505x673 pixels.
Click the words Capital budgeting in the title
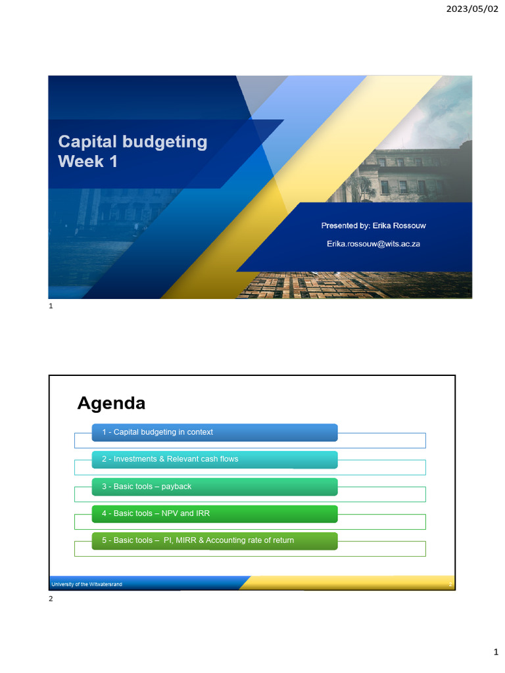132,142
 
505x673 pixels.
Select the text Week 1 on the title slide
87,161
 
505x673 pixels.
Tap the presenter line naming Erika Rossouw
373,225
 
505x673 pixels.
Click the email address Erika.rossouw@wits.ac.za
373,243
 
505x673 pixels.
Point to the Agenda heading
111,403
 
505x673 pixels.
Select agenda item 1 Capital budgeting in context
157,432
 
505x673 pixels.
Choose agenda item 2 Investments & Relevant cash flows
170,459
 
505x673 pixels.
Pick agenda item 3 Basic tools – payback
146,486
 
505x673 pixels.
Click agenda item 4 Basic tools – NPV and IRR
155,513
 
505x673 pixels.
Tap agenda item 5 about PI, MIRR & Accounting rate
197,540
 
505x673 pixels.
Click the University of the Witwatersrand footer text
86,584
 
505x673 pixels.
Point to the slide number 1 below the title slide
51,306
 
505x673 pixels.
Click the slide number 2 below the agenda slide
51,599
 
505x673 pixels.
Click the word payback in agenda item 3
177,486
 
